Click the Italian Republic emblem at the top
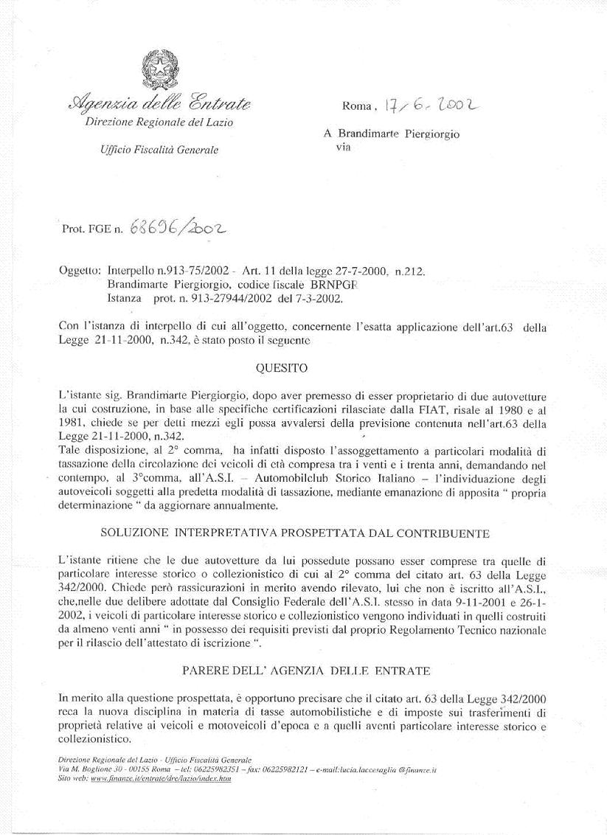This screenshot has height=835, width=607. click(154, 70)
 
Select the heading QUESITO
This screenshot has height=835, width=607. click(281, 367)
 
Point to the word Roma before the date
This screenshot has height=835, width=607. click(356, 106)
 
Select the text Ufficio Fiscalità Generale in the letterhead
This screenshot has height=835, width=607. click(159, 150)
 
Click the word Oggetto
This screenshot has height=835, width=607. click(79, 271)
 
